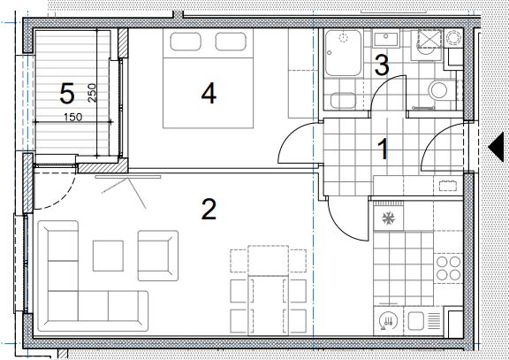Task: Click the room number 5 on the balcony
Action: click(x=67, y=94)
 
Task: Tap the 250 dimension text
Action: click(x=92, y=93)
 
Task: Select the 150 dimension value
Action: click(x=73, y=117)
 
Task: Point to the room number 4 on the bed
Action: click(x=209, y=93)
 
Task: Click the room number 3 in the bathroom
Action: click(x=382, y=65)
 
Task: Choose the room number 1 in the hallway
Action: click(x=384, y=149)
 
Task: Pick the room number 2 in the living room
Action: click(x=209, y=210)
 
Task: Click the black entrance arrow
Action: click(x=496, y=147)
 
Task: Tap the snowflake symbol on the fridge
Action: click(x=388, y=218)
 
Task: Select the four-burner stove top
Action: click(x=448, y=268)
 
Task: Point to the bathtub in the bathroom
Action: click(x=343, y=53)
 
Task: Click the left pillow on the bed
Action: click(x=186, y=42)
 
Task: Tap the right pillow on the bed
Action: click(x=231, y=42)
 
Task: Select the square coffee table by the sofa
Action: click(x=108, y=256)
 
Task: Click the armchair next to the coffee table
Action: click(x=158, y=256)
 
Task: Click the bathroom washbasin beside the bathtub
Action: click(x=386, y=39)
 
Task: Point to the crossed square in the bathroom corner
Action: click(x=429, y=40)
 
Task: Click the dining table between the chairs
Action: click(x=268, y=290)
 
